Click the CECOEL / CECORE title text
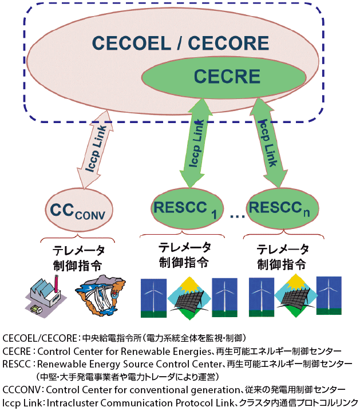(x=180, y=44)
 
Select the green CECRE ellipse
(x=227, y=76)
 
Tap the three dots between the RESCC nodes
(x=236, y=216)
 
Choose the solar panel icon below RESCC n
(x=294, y=296)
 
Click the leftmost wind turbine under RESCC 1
(x=153, y=298)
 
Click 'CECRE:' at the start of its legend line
(x=19, y=350)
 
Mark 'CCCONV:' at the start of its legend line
(x=23, y=390)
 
